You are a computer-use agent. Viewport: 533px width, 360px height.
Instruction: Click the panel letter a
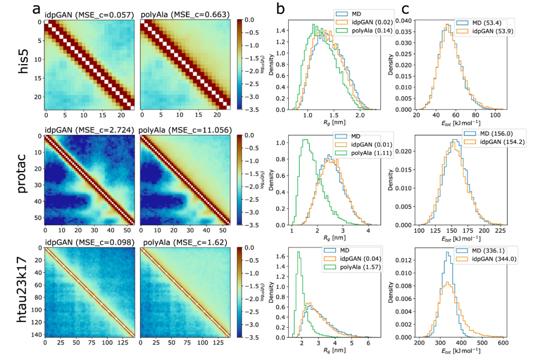click(36, 8)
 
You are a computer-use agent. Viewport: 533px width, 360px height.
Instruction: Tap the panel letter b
click(280, 8)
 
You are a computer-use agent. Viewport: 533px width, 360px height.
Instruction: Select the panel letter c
click(406, 8)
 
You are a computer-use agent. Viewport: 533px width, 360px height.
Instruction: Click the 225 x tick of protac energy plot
click(499, 230)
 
